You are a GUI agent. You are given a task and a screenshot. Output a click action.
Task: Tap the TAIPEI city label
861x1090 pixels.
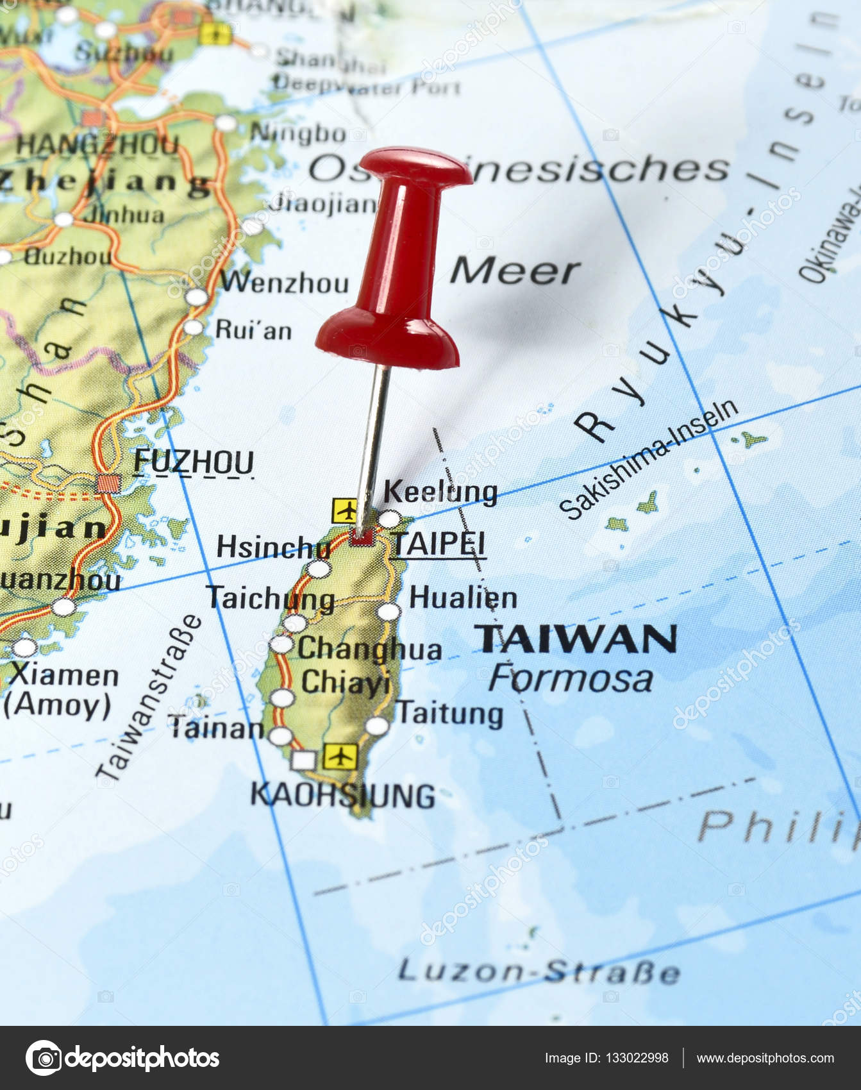pyautogui.click(x=439, y=544)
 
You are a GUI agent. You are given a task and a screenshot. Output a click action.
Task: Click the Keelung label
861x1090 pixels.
pyautogui.click(x=440, y=492)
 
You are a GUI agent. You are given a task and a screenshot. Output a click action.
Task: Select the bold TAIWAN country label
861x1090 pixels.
pyautogui.click(x=575, y=639)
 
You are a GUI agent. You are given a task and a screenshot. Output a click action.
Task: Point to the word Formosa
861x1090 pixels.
pyautogui.click(x=571, y=678)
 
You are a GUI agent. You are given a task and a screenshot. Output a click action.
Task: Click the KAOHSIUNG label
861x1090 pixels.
pyautogui.click(x=342, y=796)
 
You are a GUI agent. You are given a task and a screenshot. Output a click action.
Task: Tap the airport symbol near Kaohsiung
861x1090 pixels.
pyautogui.click(x=339, y=757)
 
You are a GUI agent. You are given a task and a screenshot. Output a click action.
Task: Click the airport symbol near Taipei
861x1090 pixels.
pyautogui.click(x=346, y=511)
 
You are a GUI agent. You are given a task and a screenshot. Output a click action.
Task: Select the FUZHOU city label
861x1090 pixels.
pyautogui.click(x=194, y=462)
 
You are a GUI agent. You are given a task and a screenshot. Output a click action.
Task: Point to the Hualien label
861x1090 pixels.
pyautogui.click(x=463, y=598)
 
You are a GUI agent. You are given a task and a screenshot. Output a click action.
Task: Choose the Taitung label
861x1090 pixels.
pyautogui.click(x=451, y=713)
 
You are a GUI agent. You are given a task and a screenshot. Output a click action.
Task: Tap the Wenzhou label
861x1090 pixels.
pyautogui.click(x=285, y=282)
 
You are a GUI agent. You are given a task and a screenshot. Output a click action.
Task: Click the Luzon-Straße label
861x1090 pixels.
pyautogui.click(x=539, y=971)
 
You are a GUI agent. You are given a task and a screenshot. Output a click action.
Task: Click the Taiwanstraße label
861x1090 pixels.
pyautogui.click(x=149, y=699)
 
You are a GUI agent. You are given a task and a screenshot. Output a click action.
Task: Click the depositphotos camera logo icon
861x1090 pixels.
pyautogui.click(x=43, y=1058)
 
